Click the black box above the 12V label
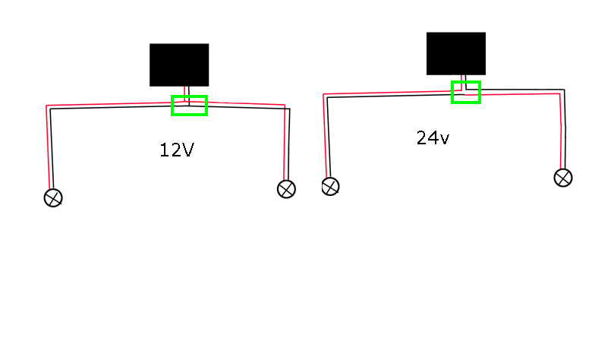(179, 65)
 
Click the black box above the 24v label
(456, 54)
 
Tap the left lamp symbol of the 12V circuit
(53, 198)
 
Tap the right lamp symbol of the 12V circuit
(286, 189)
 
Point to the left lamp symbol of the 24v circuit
(330, 187)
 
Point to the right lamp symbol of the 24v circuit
(563, 178)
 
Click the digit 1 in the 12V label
(164, 150)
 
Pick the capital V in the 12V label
(187, 150)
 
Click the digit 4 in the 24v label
(433, 138)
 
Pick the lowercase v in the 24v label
(444, 140)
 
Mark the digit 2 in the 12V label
(175, 150)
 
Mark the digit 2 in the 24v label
(422, 138)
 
